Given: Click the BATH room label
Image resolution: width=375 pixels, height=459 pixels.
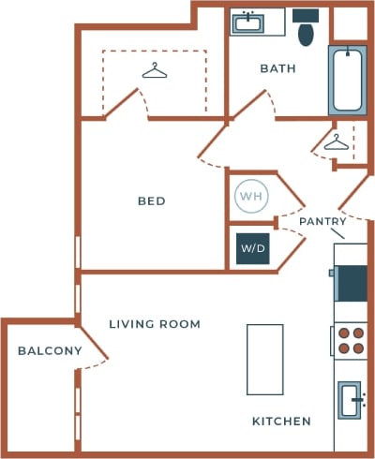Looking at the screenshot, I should point(277,68).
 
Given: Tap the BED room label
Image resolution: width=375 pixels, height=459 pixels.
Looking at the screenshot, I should point(151,201).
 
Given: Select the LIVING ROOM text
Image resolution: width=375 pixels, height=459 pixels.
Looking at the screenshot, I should point(155,324).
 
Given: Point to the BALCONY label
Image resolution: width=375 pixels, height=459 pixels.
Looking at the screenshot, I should point(49,351).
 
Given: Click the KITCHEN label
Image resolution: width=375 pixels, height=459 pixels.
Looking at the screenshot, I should point(281,422).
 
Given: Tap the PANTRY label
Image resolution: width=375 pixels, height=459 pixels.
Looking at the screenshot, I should point(322,221).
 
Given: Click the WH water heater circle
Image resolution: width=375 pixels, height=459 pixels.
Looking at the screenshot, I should point(249,196).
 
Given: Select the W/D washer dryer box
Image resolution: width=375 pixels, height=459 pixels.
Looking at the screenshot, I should point(252,249).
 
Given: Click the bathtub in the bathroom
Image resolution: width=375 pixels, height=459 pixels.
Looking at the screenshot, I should point(349,80).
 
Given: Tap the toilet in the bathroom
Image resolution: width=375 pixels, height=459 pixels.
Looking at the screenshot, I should point(306,30).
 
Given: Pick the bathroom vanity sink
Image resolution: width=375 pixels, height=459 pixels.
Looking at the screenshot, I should point(249,22).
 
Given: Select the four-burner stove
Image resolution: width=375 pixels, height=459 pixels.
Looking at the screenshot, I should point(352,340).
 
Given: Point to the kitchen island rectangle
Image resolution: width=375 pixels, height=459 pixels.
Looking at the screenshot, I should point(264,359).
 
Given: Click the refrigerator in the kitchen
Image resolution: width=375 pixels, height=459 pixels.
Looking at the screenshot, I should point(352,283).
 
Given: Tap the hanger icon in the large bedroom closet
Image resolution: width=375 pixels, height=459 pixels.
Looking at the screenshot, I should point(152,70).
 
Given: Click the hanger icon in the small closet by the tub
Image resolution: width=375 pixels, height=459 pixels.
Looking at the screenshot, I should point(336,142).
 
